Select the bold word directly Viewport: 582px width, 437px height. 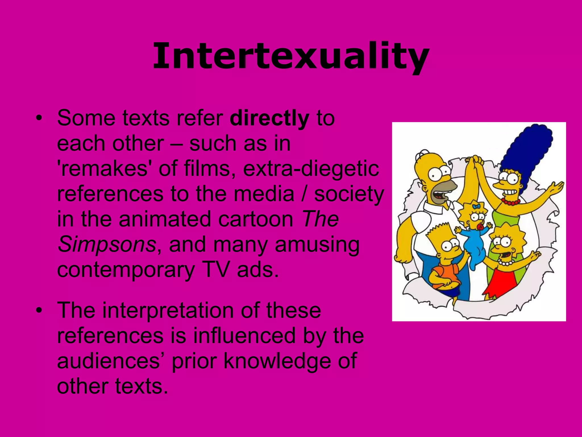click(x=269, y=118)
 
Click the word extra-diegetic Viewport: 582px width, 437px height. click(x=311, y=168)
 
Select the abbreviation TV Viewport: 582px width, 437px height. click(x=216, y=269)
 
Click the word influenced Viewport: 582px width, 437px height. click(x=244, y=336)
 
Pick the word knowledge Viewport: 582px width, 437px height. click(x=277, y=361)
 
